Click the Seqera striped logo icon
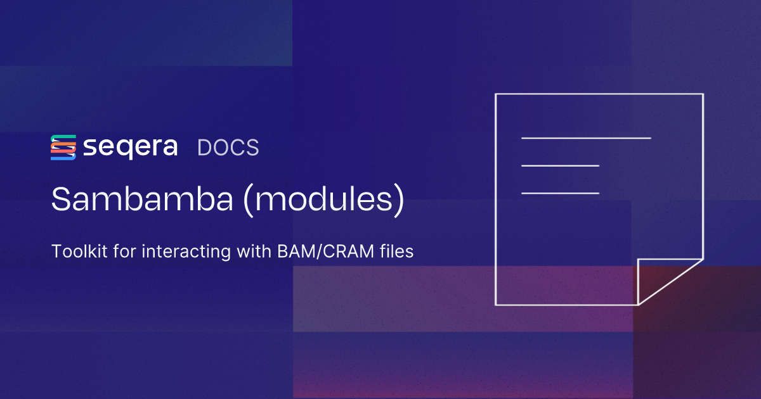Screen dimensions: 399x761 [x=63, y=147]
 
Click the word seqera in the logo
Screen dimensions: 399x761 [x=131, y=148]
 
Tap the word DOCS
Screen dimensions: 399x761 [x=228, y=148]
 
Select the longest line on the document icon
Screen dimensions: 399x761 [x=586, y=137]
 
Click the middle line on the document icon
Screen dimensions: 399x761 [x=560, y=166]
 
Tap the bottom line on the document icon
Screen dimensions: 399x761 [x=560, y=193]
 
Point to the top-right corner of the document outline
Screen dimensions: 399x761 [x=703, y=94]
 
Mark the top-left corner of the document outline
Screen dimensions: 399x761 [x=496, y=94]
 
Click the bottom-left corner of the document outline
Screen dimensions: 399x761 [x=496, y=305]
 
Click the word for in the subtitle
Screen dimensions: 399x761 [x=125, y=251]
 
